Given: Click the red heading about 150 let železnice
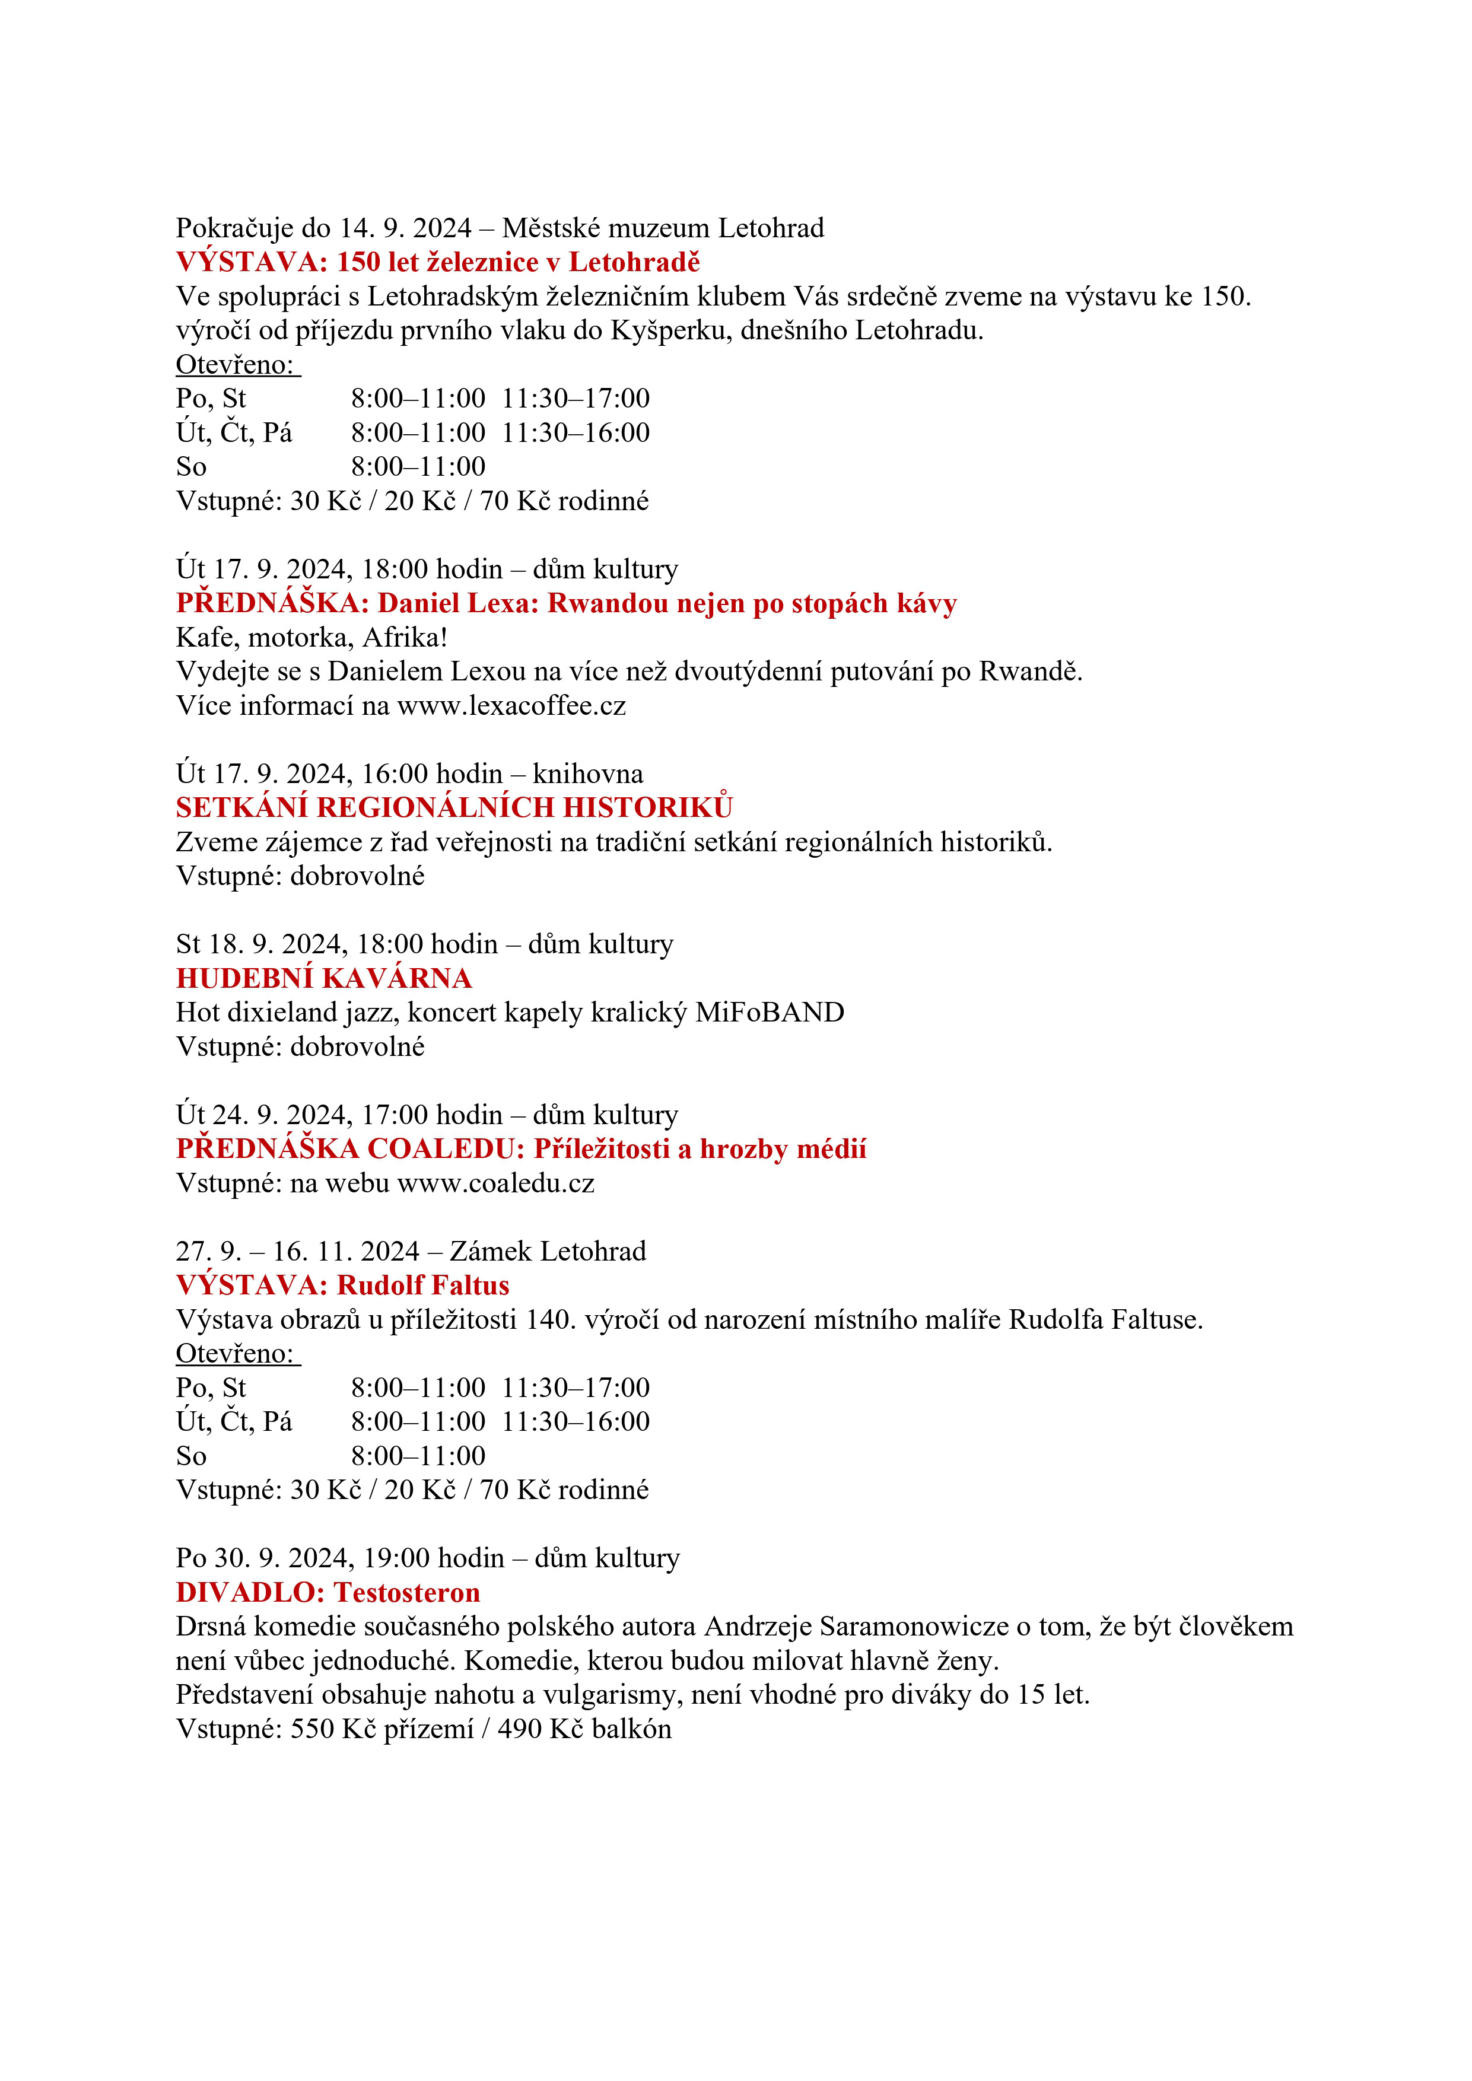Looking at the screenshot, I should [438, 263].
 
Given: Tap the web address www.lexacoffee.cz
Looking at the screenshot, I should [511, 706].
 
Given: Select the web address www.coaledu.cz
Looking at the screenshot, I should [496, 1183].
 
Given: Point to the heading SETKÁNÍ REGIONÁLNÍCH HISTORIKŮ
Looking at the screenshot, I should [454, 807].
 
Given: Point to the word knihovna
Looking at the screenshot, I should [588, 774].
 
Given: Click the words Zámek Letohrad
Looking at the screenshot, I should [548, 1252].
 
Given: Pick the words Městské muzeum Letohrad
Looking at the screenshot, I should [663, 228].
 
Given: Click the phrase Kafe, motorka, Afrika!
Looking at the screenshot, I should [312, 638].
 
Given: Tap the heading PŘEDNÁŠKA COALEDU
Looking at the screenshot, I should [351, 1149].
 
